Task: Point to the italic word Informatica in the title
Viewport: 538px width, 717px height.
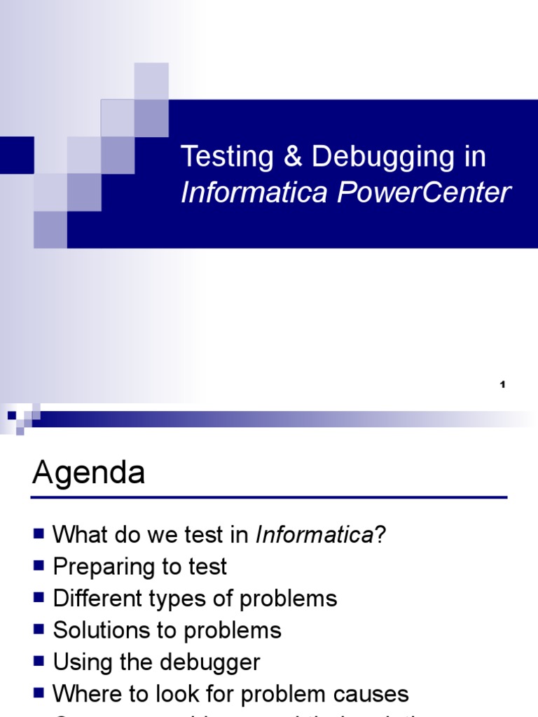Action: (x=254, y=193)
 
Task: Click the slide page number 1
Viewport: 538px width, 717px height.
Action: (x=502, y=384)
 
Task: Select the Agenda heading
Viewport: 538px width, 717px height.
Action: (x=88, y=473)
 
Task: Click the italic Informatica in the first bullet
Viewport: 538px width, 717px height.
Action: (x=314, y=536)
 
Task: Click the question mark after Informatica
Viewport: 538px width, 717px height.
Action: (x=380, y=536)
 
